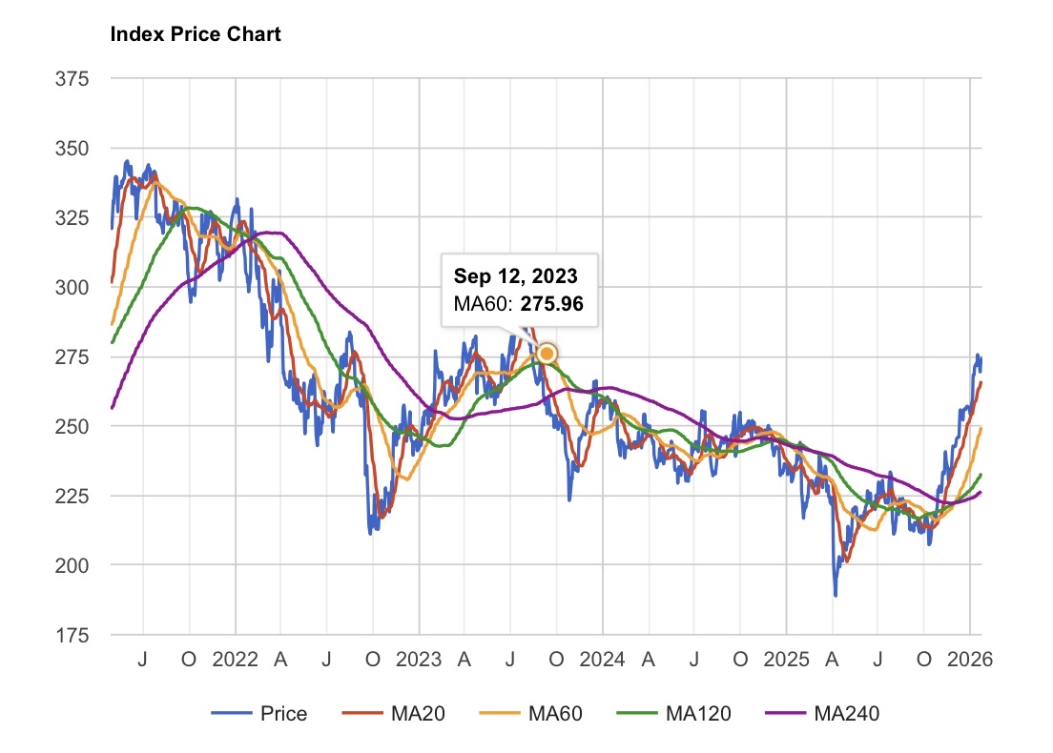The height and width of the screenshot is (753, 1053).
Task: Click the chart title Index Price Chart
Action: [x=196, y=35]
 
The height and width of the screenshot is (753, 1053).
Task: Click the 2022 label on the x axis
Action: [x=235, y=660]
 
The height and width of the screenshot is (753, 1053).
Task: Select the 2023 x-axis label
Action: [x=419, y=660]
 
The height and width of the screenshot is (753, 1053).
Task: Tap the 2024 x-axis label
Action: [x=602, y=660]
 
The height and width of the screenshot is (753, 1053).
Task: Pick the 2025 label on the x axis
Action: [x=786, y=660]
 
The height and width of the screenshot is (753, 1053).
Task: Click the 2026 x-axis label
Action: [x=970, y=660]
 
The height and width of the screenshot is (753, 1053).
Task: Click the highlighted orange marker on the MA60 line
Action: [x=547, y=354]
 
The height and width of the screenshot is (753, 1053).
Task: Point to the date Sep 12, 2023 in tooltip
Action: [x=515, y=276]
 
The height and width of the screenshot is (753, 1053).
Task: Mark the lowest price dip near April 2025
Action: [x=836, y=596]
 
